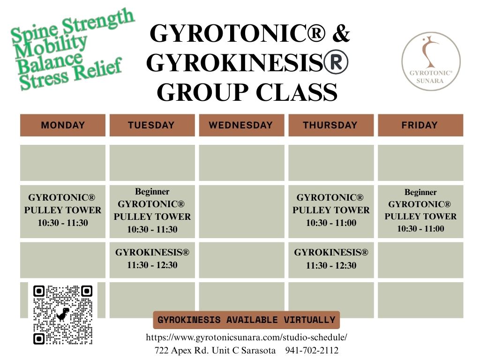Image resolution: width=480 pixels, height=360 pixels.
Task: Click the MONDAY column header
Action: click(x=63, y=125)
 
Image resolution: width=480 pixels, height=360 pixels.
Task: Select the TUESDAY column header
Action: click(x=152, y=125)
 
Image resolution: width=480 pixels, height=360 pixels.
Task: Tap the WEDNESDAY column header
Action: click(x=241, y=125)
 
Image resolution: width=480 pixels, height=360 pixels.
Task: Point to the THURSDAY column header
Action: click(x=331, y=125)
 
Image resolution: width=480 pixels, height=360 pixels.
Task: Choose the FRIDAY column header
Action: click(x=420, y=125)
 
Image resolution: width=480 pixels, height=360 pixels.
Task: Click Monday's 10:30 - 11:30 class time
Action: click(x=63, y=223)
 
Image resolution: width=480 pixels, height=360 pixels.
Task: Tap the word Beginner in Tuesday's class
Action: click(x=152, y=192)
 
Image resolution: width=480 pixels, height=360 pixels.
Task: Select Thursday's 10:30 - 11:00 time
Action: click(x=331, y=223)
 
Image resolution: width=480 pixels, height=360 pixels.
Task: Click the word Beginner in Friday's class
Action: click(x=420, y=192)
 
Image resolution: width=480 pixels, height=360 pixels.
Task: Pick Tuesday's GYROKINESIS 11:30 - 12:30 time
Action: click(x=152, y=265)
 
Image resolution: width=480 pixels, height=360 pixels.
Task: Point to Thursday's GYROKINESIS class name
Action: click(x=331, y=252)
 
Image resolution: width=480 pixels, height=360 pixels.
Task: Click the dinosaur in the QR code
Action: click(x=63, y=315)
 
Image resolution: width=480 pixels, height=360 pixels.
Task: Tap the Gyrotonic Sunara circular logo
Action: click(x=431, y=61)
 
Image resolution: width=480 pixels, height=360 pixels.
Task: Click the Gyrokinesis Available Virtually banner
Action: click(x=247, y=320)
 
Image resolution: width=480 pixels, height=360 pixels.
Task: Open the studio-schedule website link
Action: click(x=247, y=337)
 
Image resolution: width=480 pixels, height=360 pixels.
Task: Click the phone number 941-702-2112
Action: click(x=312, y=350)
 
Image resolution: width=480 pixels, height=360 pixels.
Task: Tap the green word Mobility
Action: click(x=51, y=46)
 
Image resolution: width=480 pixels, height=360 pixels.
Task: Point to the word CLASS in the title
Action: click(x=296, y=92)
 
